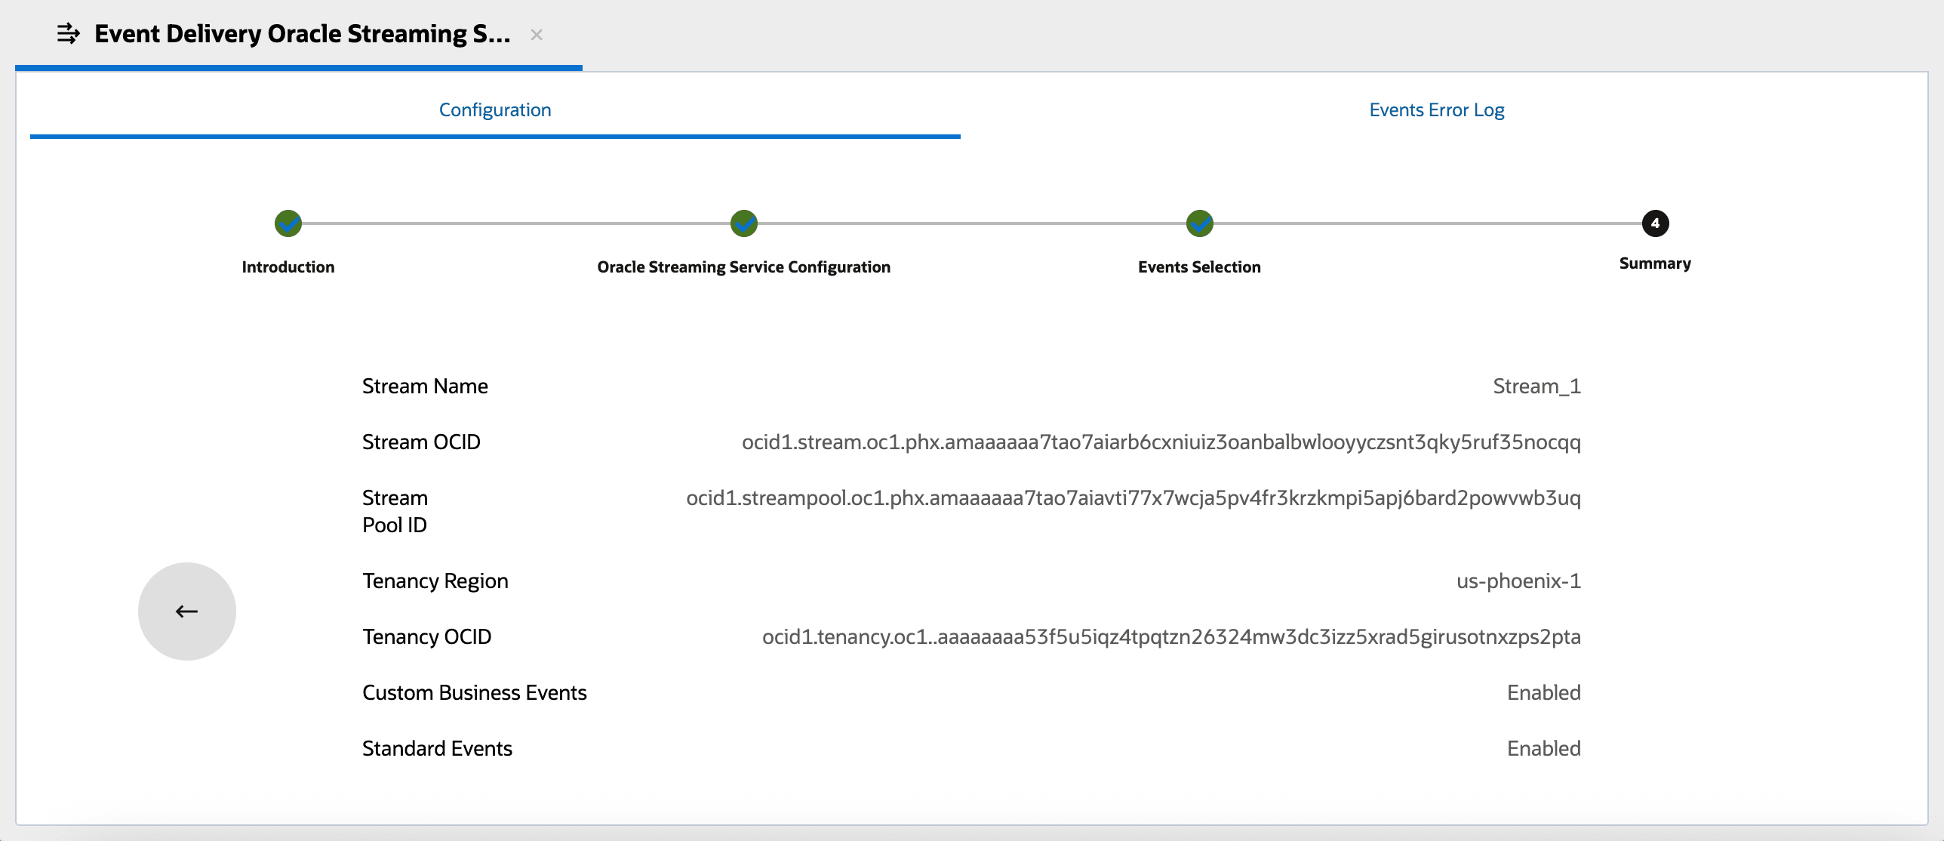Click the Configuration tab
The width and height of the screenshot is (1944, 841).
[x=495, y=110]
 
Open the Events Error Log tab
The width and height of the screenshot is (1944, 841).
[x=1436, y=110]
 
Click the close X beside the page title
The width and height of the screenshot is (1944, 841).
[x=537, y=35]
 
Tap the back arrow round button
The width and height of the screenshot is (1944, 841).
[x=187, y=611]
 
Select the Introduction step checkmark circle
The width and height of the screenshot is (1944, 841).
[x=288, y=223]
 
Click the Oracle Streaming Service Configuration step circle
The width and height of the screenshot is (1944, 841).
[x=744, y=223]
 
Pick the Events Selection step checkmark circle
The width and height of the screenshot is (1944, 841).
[x=1199, y=223]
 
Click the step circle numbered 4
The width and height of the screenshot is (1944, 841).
[x=1655, y=223]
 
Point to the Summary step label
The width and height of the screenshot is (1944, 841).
[x=1655, y=263]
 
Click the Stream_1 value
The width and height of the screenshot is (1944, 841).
[x=1536, y=387]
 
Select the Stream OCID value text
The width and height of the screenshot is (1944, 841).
[x=1161, y=442]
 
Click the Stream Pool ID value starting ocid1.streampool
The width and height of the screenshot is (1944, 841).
[x=1133, y=498]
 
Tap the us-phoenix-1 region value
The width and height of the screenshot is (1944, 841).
[x=1518, y=581]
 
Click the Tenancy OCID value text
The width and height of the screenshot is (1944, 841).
[x=1171, y=637]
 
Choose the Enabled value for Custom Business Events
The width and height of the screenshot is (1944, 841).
[x=1543, y=693]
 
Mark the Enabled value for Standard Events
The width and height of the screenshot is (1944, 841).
[x=1543, y=749]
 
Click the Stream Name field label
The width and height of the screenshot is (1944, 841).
[x=425, y=387]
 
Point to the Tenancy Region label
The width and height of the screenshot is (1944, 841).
[x=435, y=581]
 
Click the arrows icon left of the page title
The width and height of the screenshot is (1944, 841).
[x=68, y=34]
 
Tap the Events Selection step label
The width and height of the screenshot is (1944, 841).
[x=1199, y=267]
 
